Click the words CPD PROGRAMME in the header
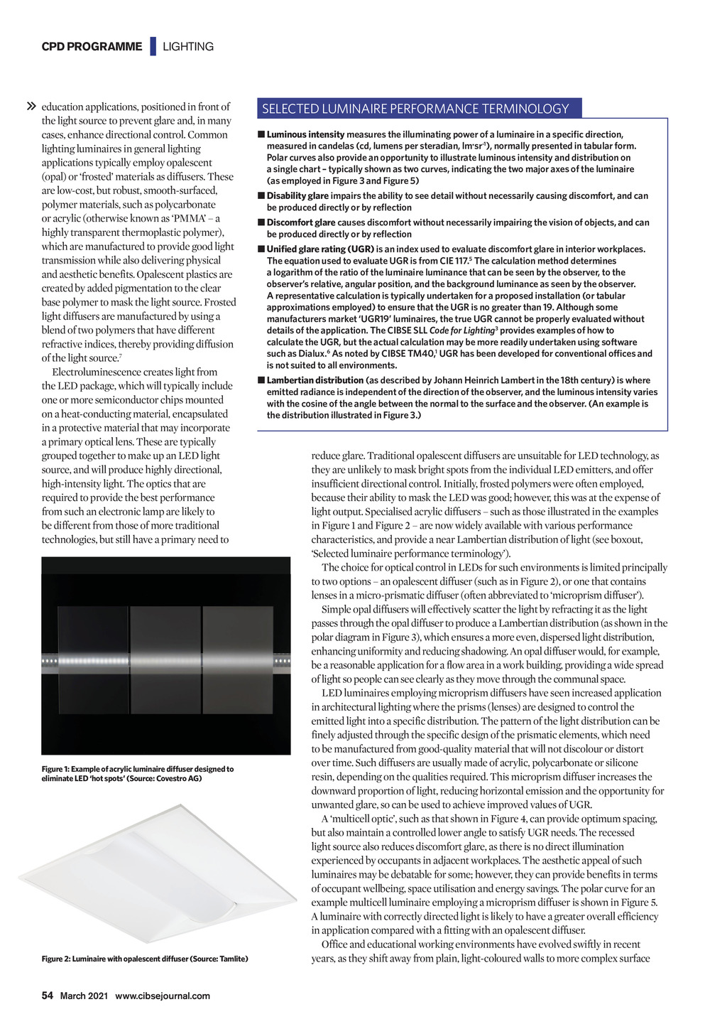[x=92, y=47]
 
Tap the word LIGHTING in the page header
[x=188, y=47]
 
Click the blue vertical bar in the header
[x=152, y=46]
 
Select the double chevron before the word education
[x=31, y=107]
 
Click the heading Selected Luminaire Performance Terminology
[x=415, y=109]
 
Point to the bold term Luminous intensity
[x=305, y=134]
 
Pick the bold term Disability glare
[x=297, y=196]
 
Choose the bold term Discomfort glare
[x=301, y=222]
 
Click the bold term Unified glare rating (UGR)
[x=320, y=249]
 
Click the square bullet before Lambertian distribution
[x=261, y=380]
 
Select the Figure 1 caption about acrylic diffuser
[x=137, y=773]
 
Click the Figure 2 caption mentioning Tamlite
[x=145, y=959]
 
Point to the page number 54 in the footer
[x=48, y=996]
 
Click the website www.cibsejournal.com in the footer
[x=163, y=996]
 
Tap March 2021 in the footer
[x=84, y=996]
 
